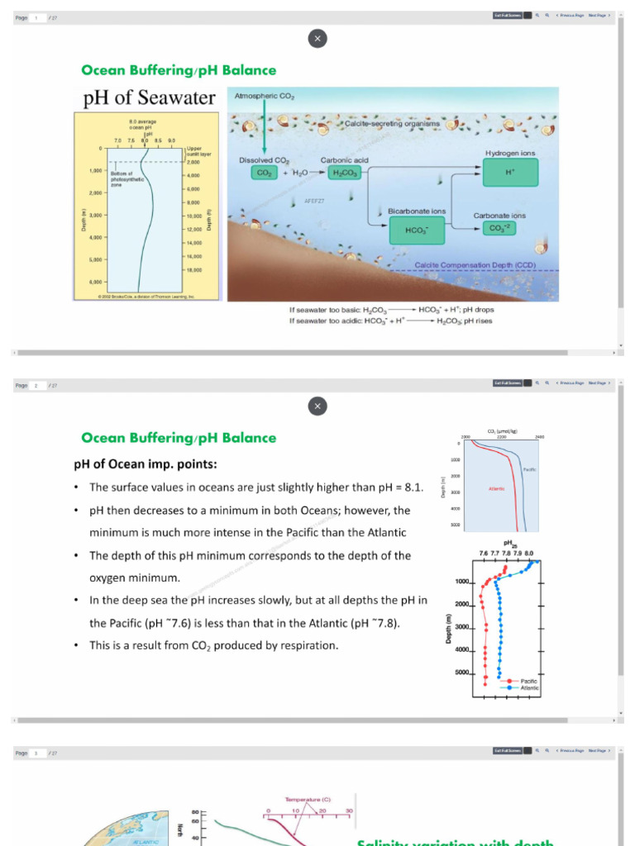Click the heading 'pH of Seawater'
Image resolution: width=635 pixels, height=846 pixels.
point(149,98)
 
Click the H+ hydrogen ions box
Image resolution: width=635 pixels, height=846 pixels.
point(510,173)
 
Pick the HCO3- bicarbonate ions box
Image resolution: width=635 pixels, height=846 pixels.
point(417,230)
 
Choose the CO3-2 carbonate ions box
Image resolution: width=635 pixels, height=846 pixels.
point(499,228)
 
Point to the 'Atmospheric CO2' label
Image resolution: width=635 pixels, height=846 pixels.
point(264,97)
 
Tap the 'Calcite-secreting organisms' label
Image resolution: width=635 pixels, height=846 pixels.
point(391,123)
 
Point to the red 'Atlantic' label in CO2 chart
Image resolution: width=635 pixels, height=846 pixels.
point(496,487)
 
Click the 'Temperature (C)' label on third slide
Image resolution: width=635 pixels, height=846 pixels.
point(308,799)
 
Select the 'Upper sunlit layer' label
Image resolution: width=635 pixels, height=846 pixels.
point(199,151)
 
